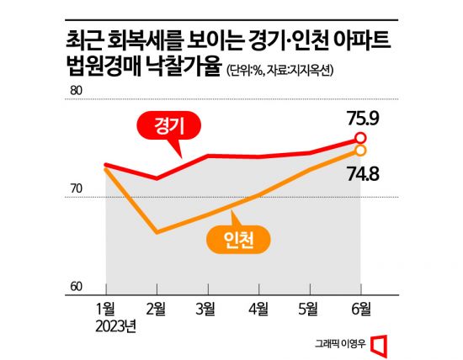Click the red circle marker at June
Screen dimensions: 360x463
360,137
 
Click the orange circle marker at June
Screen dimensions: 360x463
360,150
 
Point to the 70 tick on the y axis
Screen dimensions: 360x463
76,189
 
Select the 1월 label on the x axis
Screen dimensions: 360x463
105,309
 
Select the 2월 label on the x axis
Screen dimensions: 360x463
157,309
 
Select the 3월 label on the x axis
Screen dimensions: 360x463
207,309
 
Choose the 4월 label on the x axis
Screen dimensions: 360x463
258,309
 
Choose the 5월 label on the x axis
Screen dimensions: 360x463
310,309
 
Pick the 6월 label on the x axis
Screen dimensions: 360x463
360,309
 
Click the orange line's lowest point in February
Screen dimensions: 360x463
156,232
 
